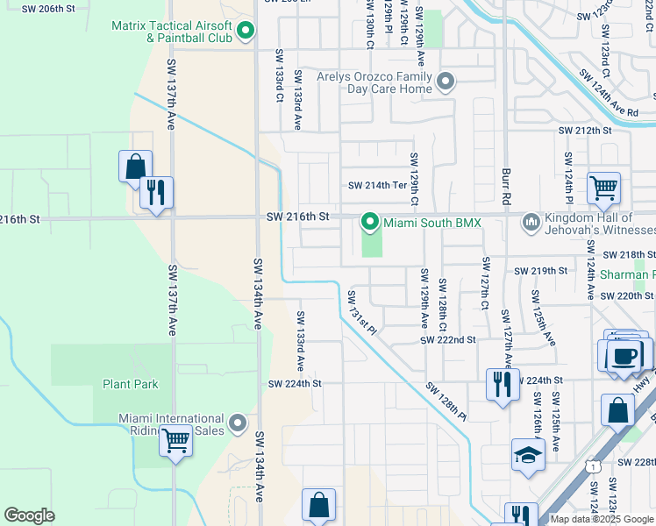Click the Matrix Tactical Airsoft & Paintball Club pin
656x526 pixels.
pyautogui.click(x=246, y=32)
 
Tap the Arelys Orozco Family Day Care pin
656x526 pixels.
pyautogui.click(x=446, y=82)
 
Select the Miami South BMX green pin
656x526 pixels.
pyautogui.click(x=370, y=223)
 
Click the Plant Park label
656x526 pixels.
pyautogui.click(x=130, y=384)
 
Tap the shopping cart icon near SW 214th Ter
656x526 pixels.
pyautogui.click(x=603, y=187)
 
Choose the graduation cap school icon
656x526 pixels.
pyautogui.click(x=528, y=454)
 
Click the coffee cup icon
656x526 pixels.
pyautogui.click(x=625, y=356)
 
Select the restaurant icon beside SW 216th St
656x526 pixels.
pyautogui.click(x=156, y=192)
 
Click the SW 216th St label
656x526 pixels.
pyautogui.click(x=298, y=216)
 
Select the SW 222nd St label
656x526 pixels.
pyautogui.click(x=447, y=339)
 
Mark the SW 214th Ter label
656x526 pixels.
pyautogui.click(x=378, y=185)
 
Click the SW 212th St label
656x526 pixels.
pyautogui.click(x=584, y=131)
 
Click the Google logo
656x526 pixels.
pyautogui.click(x=29, y=515)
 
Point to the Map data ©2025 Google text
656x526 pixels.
pyautogui.click(x=602, y=519)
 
